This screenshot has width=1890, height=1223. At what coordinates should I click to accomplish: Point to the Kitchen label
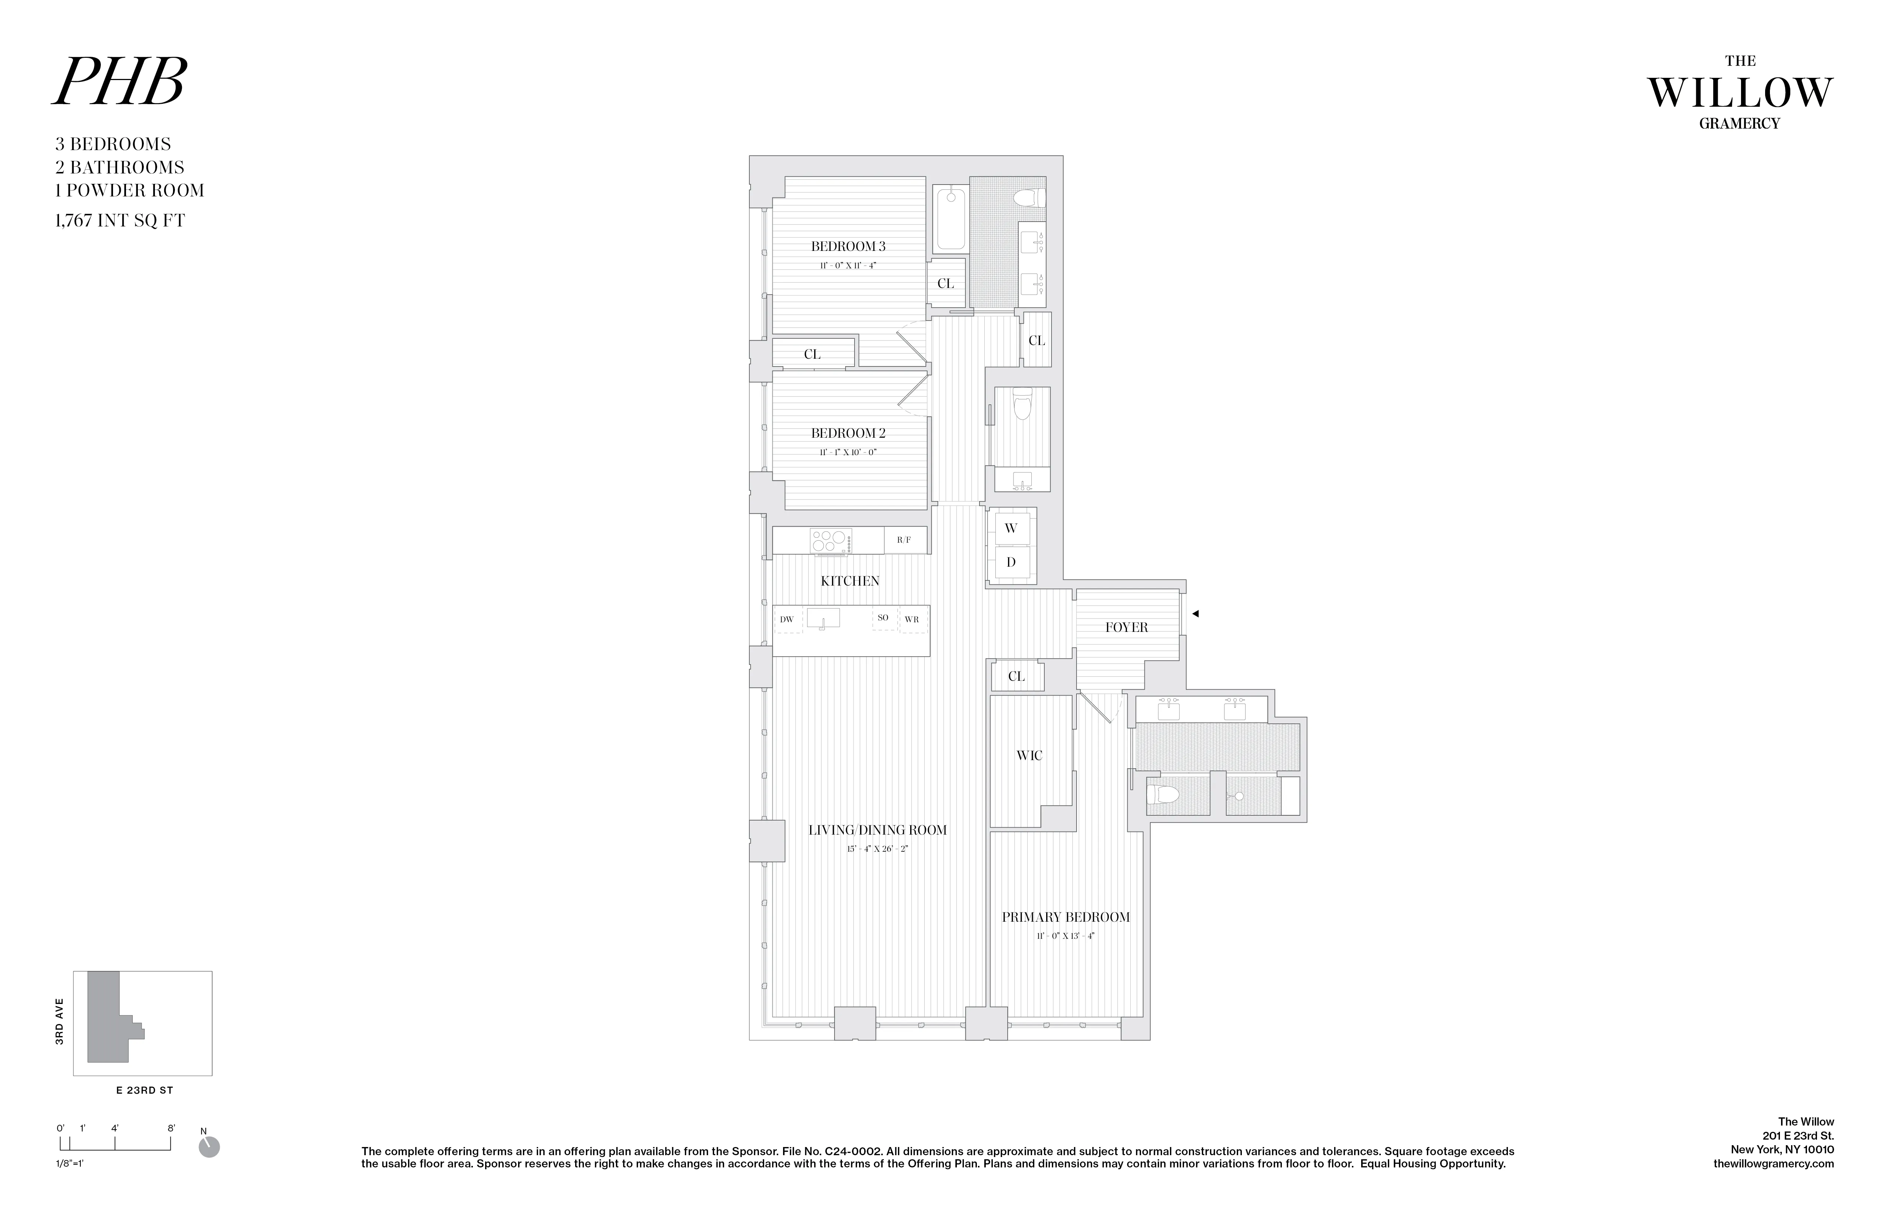point(850,580)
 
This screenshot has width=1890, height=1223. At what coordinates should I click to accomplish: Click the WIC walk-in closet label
point(1029,755)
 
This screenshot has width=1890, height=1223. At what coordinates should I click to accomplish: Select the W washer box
point(1011,528)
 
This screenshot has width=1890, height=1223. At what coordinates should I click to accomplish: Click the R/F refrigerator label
point(904,540)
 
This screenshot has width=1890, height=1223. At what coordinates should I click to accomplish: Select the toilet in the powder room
point(1022,405)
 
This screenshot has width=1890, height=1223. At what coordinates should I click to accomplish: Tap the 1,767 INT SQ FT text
point(120,221)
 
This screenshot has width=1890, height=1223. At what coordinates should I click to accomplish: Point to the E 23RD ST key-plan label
point(145,1090)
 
